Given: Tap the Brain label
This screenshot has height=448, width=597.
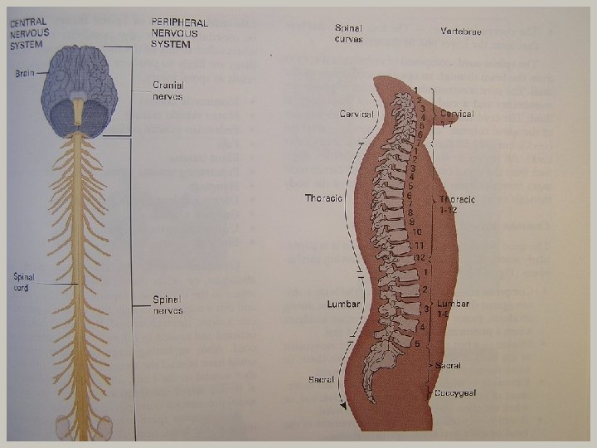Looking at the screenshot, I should click(25, 73).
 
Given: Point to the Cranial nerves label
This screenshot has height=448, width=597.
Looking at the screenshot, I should click(167, 89).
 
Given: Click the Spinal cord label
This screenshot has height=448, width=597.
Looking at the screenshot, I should click(23, 281).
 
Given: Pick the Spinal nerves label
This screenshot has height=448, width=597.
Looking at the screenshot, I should click(167, 304).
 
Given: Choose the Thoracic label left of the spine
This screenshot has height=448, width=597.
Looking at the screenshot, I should click(323, 198).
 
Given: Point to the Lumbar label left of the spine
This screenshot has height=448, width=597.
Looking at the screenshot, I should click(343, 304).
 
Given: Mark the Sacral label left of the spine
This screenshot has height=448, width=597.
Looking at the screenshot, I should click(321, 379).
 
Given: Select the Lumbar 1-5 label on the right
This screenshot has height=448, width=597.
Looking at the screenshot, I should click(454, 309).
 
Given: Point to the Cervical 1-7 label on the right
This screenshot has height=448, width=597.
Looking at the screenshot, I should click(457, 118).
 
